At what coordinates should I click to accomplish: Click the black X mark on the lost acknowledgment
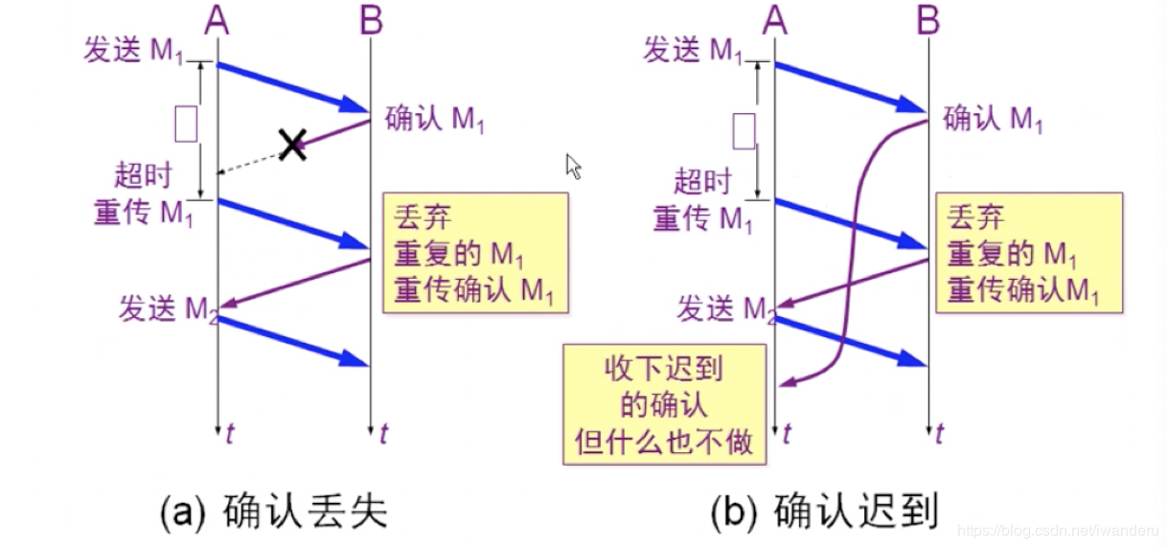[x=292, y=145]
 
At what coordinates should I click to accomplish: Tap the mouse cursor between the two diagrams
[x=574, y=167]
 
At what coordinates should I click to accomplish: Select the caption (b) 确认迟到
[x=824, y=511]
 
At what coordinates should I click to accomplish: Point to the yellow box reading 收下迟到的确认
[x=665, y=403]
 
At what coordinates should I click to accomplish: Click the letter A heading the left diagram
[x=217, y=20]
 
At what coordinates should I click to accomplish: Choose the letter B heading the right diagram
[x=927, y=20]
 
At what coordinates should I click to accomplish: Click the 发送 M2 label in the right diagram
[x=724, y=309]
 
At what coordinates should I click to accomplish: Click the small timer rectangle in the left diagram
[x=186, y=125]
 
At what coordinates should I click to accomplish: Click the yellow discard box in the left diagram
[x=474, y=253]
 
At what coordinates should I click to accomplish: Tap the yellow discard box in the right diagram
[x=1027, y=253]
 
